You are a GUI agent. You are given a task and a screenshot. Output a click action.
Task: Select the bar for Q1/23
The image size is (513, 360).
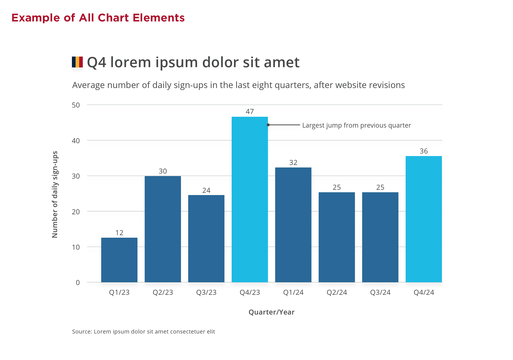tap(119, 260)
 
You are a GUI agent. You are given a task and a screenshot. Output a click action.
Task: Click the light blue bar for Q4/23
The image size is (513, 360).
tap(250, 200)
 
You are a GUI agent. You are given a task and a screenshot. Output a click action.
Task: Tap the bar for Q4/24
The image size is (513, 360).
tap(424, 219)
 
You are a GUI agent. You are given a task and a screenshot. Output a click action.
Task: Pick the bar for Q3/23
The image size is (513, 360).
tap(206, 239)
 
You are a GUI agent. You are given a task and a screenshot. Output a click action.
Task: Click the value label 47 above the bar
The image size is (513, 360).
tap(250, 112)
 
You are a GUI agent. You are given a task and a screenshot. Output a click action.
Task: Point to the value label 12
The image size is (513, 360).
tap(119, 233)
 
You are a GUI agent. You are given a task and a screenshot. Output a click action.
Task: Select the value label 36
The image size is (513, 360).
tap(424, 151)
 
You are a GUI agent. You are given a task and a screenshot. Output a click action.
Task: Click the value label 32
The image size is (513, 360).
tap(293, 163)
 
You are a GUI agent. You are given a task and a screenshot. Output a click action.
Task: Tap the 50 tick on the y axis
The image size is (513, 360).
tap(76, 105)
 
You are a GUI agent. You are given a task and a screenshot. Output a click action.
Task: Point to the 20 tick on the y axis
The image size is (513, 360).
tap(76, 212)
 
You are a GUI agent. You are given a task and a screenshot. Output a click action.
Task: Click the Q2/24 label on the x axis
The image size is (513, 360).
tap(337, 293)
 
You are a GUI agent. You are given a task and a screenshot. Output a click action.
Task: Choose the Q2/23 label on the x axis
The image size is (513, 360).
tap(163, 293)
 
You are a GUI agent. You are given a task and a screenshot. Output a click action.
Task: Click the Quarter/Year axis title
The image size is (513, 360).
tap(271, 312)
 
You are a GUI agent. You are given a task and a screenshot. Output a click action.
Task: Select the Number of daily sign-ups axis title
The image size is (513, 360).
tap(55, 194)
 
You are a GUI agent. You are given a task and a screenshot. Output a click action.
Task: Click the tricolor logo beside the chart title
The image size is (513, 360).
tap(77, 62)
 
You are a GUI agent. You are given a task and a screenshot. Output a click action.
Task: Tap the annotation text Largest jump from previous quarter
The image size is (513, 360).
tap(356, 125)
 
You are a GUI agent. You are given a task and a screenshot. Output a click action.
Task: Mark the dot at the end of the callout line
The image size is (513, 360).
tap(268, 125)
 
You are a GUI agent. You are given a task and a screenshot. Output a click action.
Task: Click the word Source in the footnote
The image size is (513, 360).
tap(81, 332)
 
